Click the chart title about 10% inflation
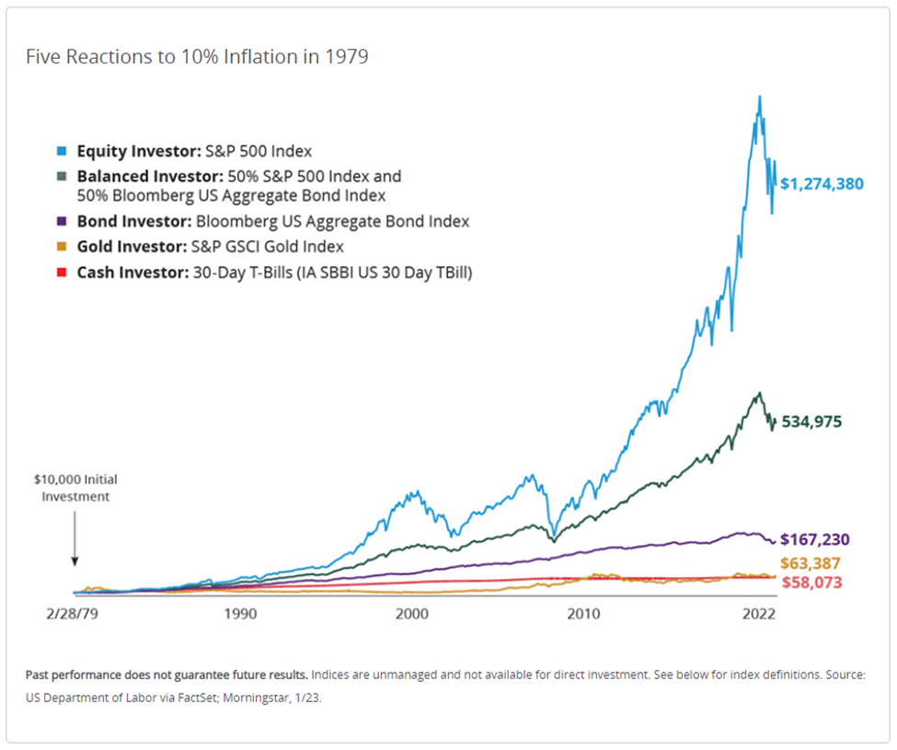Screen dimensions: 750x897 tap(197, 56)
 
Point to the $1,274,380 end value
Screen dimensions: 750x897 tap(822, 183)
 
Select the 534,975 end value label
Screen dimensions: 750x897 tap(811, 422)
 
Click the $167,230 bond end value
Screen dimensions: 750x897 tap(814, 540)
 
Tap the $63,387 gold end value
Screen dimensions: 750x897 tap(810, 562)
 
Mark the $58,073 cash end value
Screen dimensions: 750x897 tap(810, 583)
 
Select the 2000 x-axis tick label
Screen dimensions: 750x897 tap(410, 612)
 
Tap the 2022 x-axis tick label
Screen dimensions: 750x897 tap(757, 612)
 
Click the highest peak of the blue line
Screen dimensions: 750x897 tap(759, 97)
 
